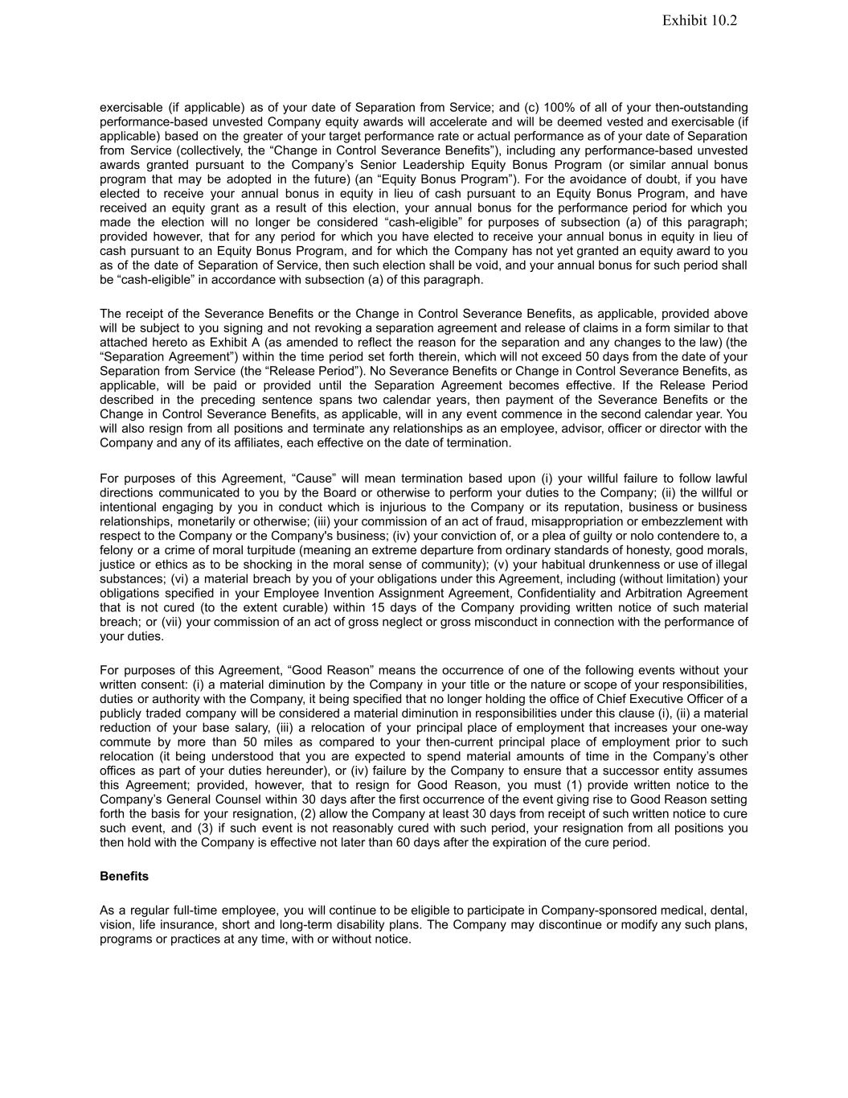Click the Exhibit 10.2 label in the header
point(699,21)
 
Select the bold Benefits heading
point(124,876)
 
